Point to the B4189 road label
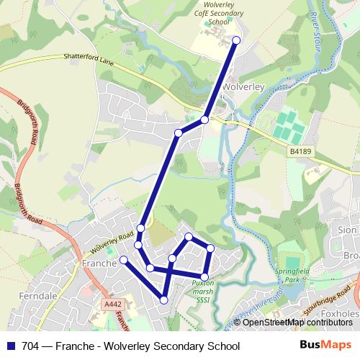tap(300, 152)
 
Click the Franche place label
tap(99, 264)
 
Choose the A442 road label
tap(112, 305)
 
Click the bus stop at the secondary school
tap(236, 40)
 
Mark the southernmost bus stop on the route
tap(164, 300)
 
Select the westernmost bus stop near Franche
tap(123, 259)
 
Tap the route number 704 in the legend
tap(31, 345)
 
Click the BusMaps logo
tap(325, 344)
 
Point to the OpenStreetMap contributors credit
tap(294, 322)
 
